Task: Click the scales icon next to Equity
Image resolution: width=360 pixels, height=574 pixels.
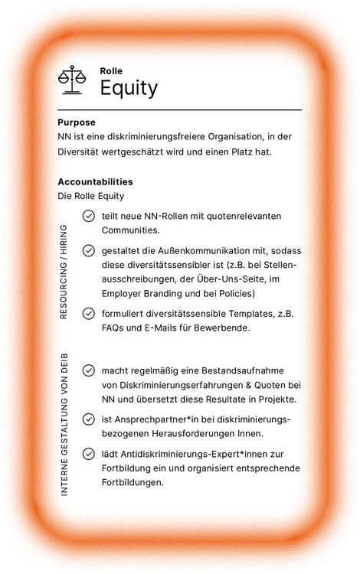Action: (x=72, y=80)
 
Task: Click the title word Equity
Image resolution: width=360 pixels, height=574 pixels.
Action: (x=129, y=88)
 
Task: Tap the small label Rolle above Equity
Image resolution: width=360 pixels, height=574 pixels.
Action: (x=111, y=70)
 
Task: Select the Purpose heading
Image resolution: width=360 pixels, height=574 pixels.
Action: (x=77, y=122)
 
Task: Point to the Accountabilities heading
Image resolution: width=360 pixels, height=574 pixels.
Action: (x=95, y=182)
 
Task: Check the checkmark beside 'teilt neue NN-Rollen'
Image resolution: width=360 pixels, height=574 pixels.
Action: (x=89, y=217)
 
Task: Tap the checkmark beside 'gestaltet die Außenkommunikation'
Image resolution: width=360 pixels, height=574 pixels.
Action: (x=89, y=251)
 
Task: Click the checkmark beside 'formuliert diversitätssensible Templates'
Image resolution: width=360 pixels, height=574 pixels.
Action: (x=89, y=314)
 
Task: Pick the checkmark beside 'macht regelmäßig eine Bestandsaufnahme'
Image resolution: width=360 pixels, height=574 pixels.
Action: (x=89, y=371)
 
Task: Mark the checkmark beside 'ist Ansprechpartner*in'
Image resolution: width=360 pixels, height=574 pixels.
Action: (x=89, y=419)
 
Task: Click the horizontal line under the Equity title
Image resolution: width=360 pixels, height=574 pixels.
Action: (x=179, y=110)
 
